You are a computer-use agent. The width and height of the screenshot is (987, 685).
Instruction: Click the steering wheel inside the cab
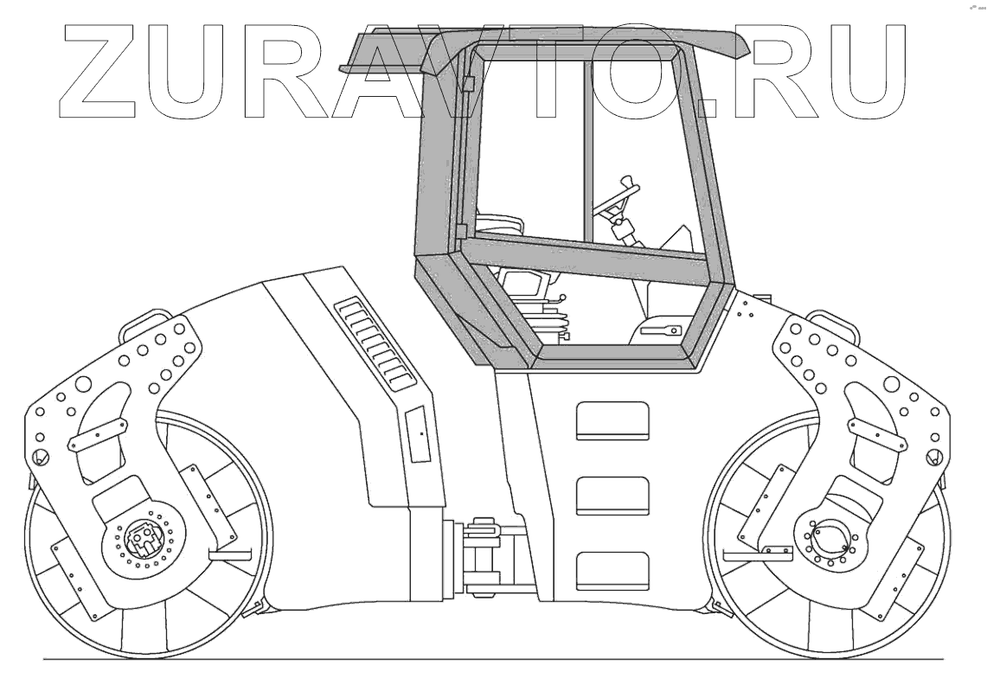(615, 200)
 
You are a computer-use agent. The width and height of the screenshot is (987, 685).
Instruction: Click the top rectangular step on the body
(612, 420)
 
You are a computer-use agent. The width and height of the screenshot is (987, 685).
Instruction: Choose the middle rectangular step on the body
(612, 496)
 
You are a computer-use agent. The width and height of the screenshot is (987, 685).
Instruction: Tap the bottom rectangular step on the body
(612, 571)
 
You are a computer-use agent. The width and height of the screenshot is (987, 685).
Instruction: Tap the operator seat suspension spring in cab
(554, 320)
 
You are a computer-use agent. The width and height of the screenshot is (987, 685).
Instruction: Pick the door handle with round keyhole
(663, 328)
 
